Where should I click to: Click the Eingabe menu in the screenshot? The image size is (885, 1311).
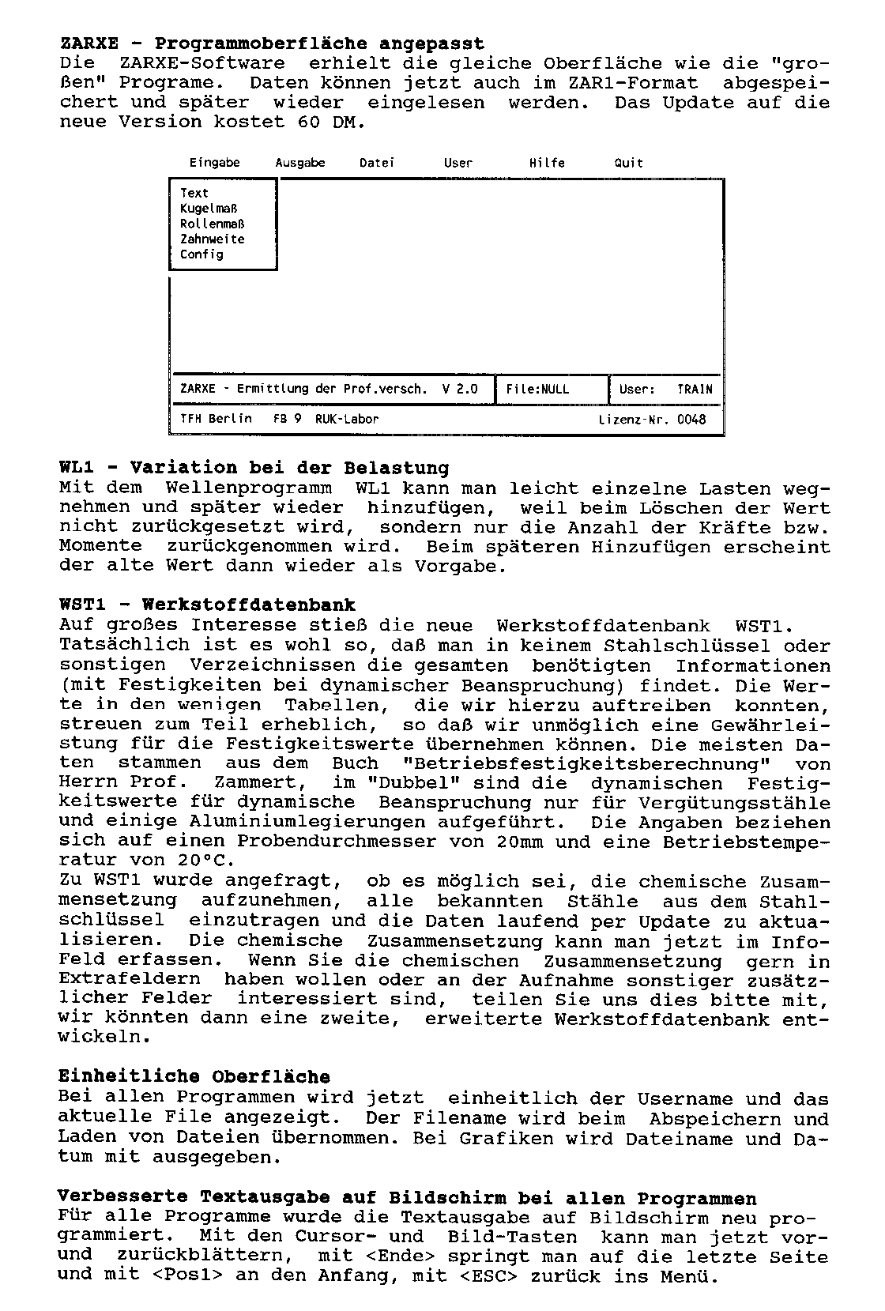(x=214, y=163)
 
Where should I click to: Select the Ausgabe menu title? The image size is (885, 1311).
(x=300, y=163)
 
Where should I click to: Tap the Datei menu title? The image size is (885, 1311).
(x=377, y=163)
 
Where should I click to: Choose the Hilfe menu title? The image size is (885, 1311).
(x=547, y=163)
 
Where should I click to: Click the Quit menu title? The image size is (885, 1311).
(x=629, y=163)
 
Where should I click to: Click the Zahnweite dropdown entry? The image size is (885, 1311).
(x=212, y=239)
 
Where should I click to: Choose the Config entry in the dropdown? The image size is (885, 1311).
(x=201, y=254)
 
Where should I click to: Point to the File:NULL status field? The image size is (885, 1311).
(x=537, y=389)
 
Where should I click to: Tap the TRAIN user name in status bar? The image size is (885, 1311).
(x=695, y=389)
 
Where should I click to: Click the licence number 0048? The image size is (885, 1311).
(x=691, y=419)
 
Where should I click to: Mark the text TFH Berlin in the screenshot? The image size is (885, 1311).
(x=217, y=419)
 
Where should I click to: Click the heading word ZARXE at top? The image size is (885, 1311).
(x=88, y=43)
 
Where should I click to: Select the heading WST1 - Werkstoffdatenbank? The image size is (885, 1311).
(x=207, y=605)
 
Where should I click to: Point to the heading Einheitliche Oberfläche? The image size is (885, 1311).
(x=194, y=1076)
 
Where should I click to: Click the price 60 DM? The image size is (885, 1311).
(x=332, y=122)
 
